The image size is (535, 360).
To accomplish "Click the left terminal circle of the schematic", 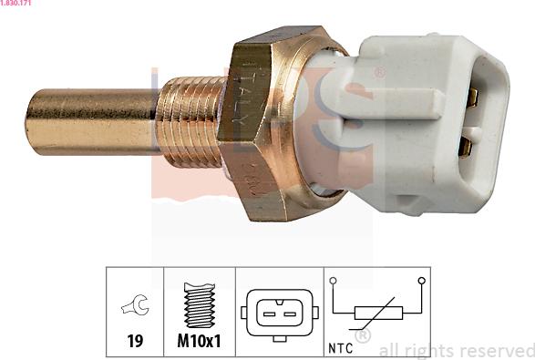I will pos(334,281).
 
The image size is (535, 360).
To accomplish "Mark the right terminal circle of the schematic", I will pos(421,281).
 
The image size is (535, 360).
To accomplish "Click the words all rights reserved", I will pos(456,350).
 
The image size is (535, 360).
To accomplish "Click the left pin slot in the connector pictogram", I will pos(269,314).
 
